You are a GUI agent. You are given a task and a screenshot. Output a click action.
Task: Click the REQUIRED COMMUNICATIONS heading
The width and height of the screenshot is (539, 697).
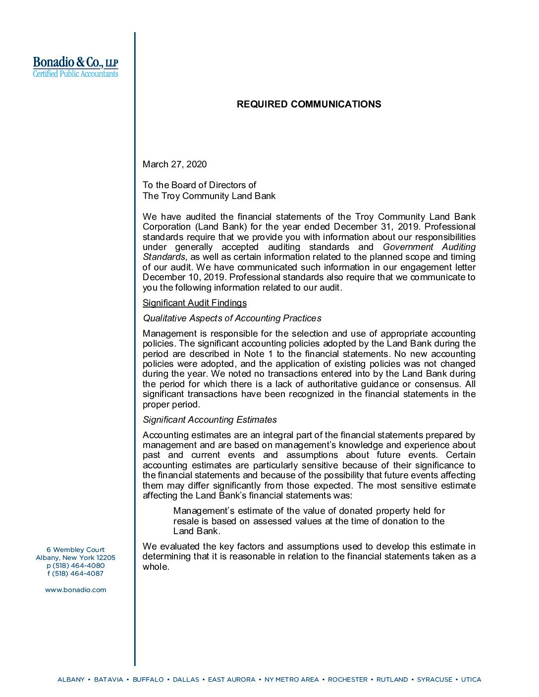[309, 104]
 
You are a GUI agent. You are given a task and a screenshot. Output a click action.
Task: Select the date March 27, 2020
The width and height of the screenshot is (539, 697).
[174, 164]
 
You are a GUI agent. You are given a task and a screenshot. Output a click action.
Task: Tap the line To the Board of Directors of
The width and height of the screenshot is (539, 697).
[199, 185]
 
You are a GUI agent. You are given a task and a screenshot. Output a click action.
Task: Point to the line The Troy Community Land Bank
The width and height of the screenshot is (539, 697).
[209, 196]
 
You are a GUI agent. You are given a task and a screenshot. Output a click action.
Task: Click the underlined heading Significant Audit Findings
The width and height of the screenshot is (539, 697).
[194, 303]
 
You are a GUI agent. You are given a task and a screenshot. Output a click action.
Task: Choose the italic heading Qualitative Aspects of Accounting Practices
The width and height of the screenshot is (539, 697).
[232, 318]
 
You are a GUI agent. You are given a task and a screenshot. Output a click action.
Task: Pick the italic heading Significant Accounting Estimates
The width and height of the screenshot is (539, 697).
[210, 420]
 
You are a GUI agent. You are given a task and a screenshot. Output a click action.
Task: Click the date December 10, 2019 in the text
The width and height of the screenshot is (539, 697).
[184, 277]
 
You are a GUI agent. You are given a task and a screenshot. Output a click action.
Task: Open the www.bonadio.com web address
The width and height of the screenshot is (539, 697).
[75, 590]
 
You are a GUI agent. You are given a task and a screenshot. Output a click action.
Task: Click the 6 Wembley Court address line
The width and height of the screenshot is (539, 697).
[75, 550]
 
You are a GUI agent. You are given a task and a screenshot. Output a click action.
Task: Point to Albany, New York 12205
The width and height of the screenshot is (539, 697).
[75, 558]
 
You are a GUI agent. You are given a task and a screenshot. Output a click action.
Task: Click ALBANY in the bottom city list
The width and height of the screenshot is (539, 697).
[71, 680]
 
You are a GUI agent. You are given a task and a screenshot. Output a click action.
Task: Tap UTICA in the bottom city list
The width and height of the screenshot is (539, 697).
[471, 680]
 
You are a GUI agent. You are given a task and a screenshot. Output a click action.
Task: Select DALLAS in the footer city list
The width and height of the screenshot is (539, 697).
[186, 680]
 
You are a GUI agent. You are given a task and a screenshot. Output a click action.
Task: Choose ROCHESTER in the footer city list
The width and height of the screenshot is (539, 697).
[348, 680]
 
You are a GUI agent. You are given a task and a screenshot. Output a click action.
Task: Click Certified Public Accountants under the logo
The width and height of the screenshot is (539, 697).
[75, 74]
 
